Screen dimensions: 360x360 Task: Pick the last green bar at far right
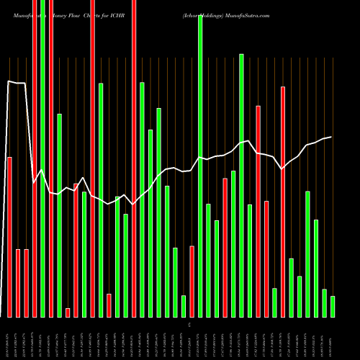[x=333, y=306]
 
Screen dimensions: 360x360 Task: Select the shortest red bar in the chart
[x=68, y=312]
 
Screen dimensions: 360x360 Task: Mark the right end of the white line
[x=331, y=137]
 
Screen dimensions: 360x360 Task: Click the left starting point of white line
[x=9, y=81]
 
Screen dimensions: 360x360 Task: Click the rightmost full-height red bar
[x=134, y=158]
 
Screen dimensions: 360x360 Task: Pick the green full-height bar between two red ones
[x=42, y=158]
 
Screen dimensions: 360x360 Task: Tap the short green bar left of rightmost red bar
[x=274, y=302]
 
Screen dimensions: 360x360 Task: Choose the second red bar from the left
[x=18, y=283]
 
